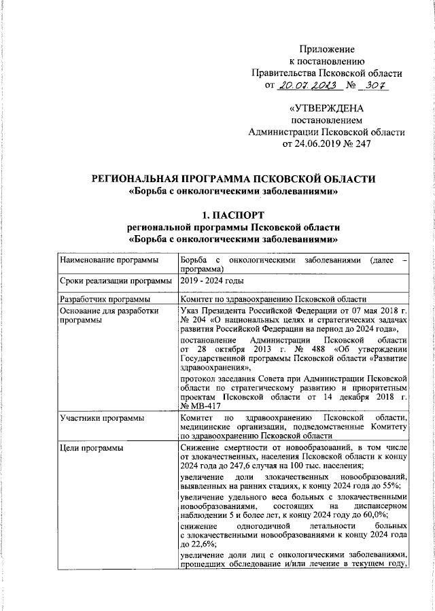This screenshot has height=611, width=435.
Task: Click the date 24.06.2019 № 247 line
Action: [327, 143]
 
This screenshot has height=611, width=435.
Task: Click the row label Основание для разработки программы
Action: [109, 315]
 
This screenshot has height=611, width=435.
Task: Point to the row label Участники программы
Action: [101, 417]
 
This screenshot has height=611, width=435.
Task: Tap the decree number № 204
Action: [194, 319]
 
